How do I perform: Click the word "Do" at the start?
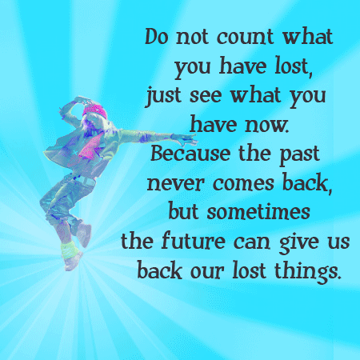(x=157, y=37)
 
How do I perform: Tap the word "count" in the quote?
(x=246, y=37)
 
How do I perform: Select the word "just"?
(x=163, y=96)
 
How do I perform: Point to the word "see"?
(x=206, y=97)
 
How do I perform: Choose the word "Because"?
(x=190, y=154)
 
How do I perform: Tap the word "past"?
(x=299, y=155)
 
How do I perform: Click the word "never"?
(x=175, y=183)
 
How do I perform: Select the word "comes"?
(x=243, y=183)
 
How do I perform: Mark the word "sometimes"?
(x=258, y=212)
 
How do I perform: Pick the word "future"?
(x=194, y=241)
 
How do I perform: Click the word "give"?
(x=299, y=242)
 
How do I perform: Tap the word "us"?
(x=338, y=242)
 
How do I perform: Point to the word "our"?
(x=207, y=271)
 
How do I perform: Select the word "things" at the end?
(x=307, y=272)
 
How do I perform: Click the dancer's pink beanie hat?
(x=95, y=110)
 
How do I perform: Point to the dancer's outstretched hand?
(x=185, y=138)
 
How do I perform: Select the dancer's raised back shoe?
(x=84, y=234)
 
